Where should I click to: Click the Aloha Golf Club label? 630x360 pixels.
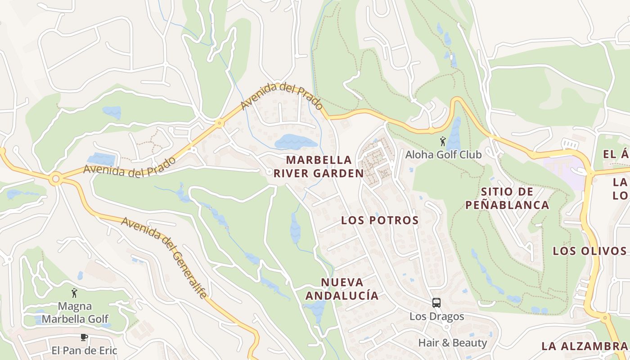coord(443,154)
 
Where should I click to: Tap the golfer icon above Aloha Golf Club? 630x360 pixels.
coord(443,141)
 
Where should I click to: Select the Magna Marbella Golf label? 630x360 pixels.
coord(75,313)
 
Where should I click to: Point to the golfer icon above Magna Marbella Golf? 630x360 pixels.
coord(75,293)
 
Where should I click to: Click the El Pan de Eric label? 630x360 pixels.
coord(84,350)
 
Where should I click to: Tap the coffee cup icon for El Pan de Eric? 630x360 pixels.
coord(84,337)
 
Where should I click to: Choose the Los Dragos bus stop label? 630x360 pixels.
coord(436,316)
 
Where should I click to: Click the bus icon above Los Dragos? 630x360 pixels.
coord(436,303)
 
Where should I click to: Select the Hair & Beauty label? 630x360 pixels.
coord(452,343)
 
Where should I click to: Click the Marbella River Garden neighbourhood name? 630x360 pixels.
coord(324,166)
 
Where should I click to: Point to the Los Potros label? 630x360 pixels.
coord(380,220)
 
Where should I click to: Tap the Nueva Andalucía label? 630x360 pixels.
coord(342,289)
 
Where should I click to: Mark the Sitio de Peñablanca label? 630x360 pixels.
coord(507,198)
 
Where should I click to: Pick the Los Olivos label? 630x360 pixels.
coord(589,251)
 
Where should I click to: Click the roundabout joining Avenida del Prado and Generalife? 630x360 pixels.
coord(55,179)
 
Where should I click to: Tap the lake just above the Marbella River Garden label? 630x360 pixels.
coord(295,142)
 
